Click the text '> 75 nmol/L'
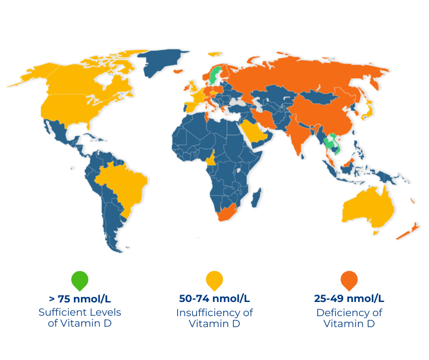[x=79, y=299]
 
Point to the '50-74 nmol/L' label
[x=214, y=299]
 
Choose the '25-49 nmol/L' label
[x=349, y=299]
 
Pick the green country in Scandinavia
[x=214, y=75]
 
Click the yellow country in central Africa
[x=210, y=159]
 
